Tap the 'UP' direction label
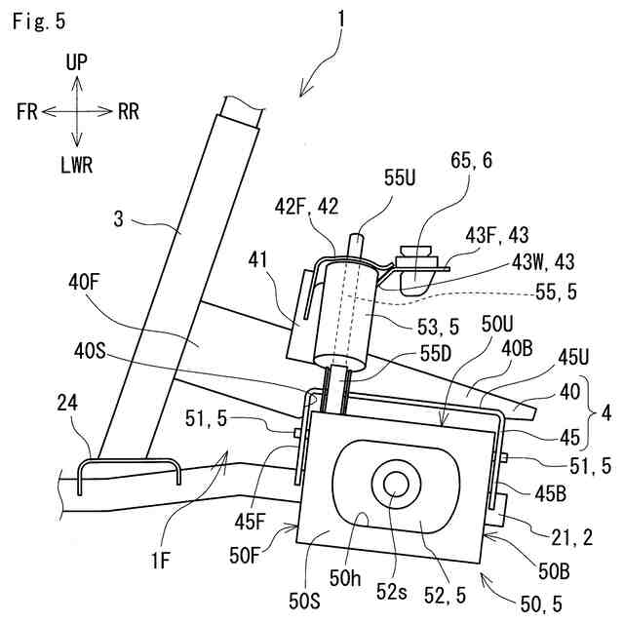pos(77,62)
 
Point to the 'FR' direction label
pos(27,111)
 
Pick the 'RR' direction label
pos(128,111)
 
